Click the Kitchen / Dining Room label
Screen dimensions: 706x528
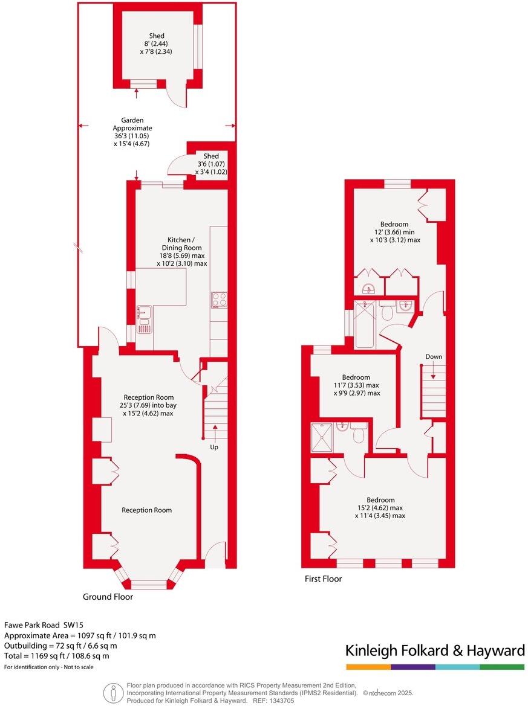[x=181, y=243]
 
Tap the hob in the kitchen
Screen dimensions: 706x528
[x=218, y=300]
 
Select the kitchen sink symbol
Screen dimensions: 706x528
[x=144, y=319]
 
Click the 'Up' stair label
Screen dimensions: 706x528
[x=213, y=448]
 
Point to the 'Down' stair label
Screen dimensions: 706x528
[x=434, y=356]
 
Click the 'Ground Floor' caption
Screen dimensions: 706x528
[x=108, y=597]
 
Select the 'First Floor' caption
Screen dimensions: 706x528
[x=323, y=579]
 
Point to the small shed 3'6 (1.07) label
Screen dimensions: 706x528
[x=210, y=164]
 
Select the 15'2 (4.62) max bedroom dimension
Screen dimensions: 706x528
[x=380, y=508]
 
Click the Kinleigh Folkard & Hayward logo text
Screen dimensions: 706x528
[x=434, y=650]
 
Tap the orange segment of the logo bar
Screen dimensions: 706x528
[x=368, y=667]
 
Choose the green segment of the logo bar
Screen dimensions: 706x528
[x=502, y=667]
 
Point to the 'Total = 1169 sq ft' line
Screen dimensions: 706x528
[x=57, y=655]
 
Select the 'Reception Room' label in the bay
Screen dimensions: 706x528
[x=146, y=510]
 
